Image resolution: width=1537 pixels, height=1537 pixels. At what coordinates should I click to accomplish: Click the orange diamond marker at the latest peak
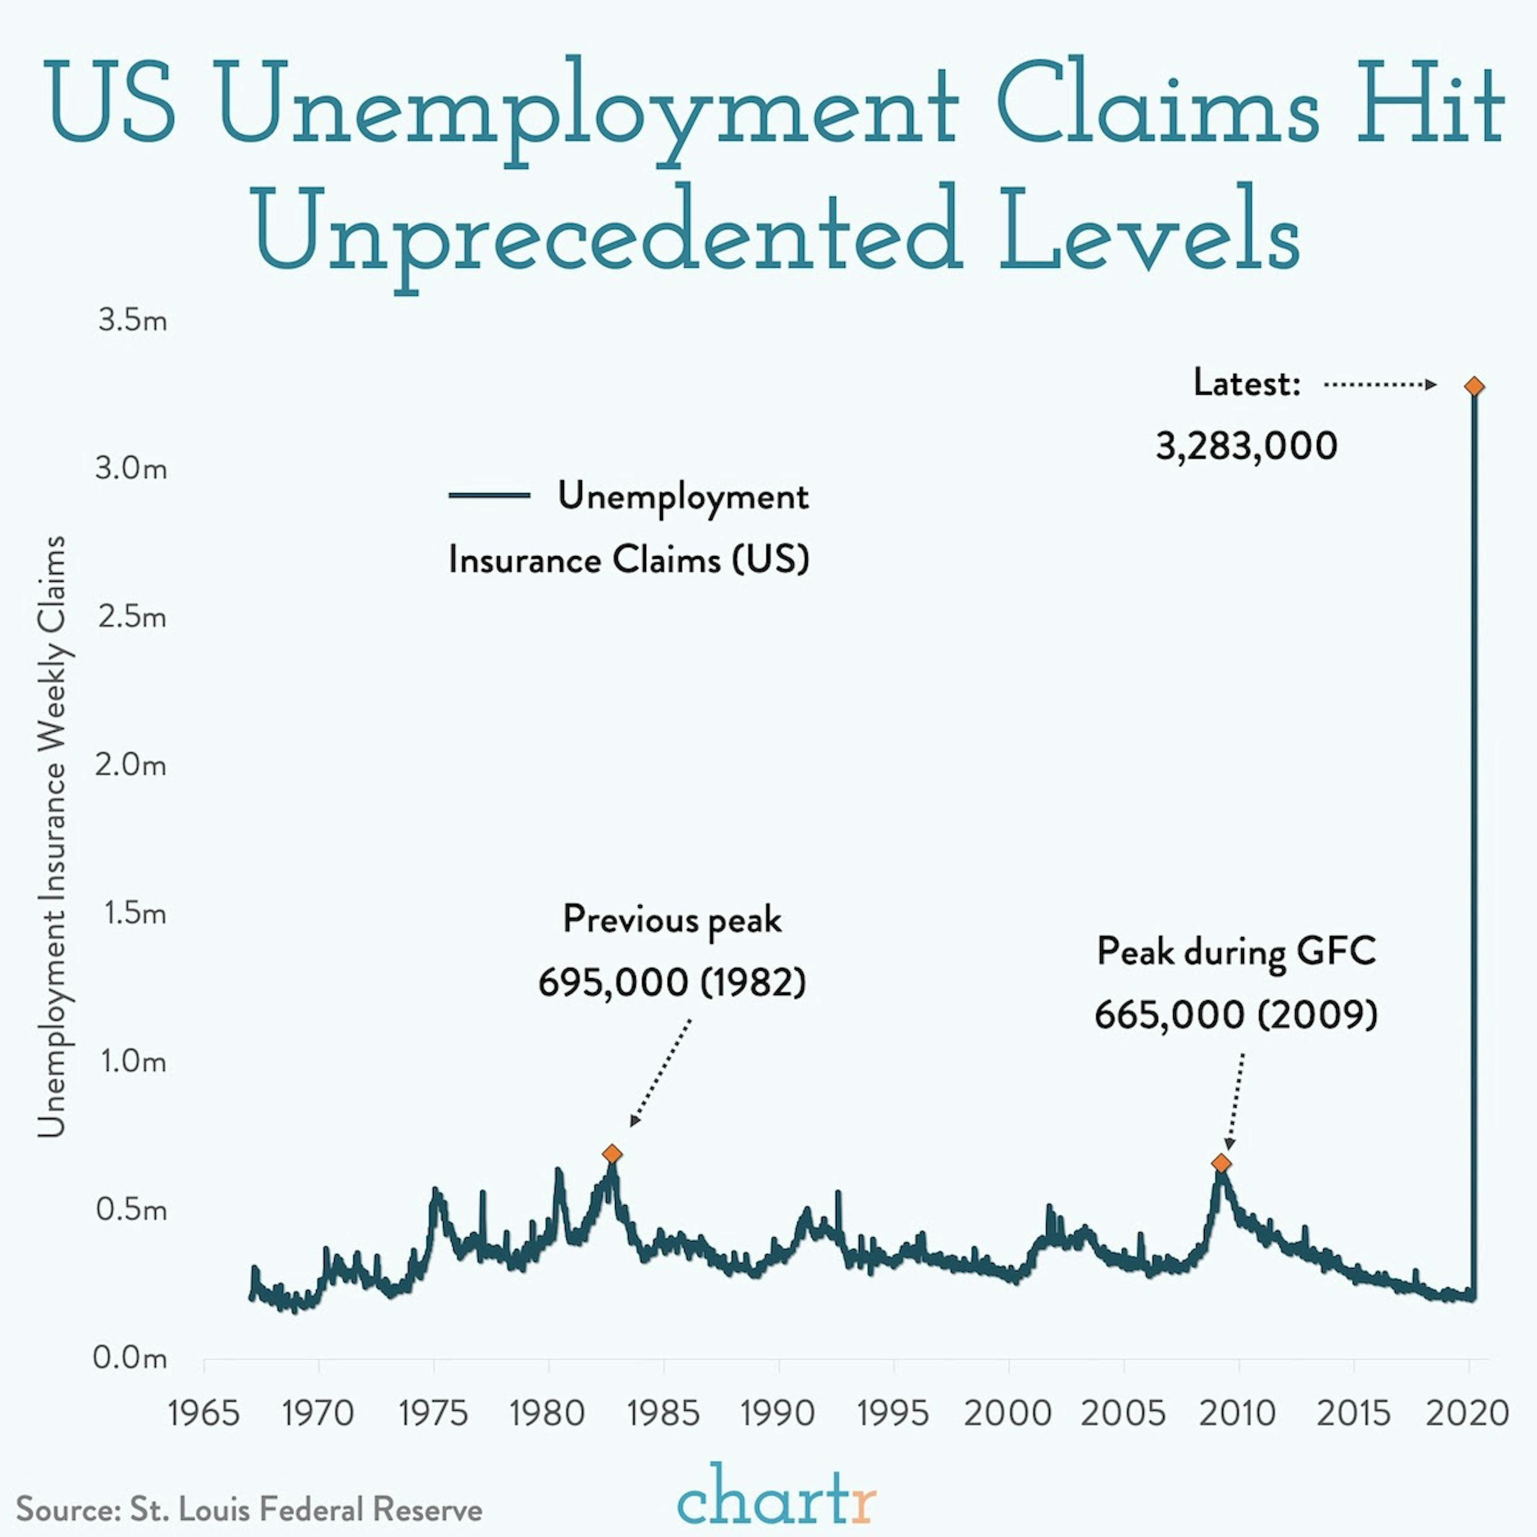[1474, 387]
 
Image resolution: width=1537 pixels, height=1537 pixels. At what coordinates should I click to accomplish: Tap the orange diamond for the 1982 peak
[612, 1154]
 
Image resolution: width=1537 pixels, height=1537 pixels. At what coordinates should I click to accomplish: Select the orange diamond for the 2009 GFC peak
[1221, 1164]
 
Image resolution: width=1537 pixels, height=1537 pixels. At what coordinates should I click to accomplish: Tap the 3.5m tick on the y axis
[132, 321]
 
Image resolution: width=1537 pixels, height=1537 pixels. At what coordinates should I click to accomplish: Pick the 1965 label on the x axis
[204, 1414]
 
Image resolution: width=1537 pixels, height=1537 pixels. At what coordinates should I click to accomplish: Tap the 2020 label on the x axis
[1468, 1414]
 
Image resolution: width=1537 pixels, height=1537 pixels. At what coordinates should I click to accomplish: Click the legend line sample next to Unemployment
[489, 495]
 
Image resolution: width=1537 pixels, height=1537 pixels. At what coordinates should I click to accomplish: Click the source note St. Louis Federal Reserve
[249, 1509]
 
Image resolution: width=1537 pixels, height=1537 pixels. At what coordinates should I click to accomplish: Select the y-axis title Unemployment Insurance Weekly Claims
[52, 835]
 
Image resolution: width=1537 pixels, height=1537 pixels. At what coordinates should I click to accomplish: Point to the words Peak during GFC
[1236, 951]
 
